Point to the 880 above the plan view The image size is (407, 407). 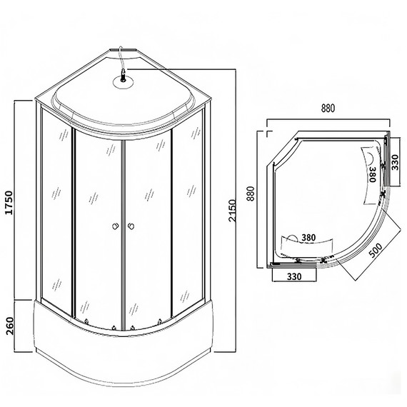[x=328, y=109]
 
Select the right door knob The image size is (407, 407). [x=131, y=227]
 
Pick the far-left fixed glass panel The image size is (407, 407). [x=56, y=214]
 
